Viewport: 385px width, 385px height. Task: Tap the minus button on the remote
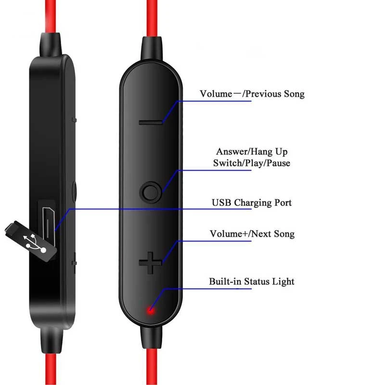point(150,122)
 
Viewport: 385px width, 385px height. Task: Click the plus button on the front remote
point(150,263)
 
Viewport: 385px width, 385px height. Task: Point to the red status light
point(151,310)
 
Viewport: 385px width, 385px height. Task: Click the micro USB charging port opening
point(48,224)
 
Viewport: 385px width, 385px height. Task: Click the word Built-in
point(225,282)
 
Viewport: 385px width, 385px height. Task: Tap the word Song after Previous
point(294,94)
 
